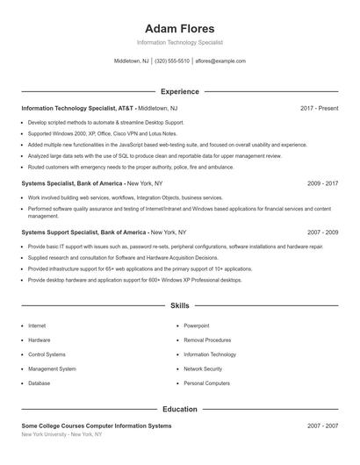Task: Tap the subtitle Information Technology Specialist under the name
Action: pos(179,42)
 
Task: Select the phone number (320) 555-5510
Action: pos(172,61)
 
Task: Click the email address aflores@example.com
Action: pos(220,61)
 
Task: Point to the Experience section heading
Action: pos(179,91)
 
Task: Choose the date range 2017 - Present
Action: pos(319,108)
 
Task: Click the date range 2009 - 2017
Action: pos(322,183)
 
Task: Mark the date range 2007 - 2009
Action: pos(322,232)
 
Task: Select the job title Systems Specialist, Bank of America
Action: pos(72,183)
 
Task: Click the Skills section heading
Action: pos(179,305)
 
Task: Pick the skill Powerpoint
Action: pos(197,325)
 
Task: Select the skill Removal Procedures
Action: pos(207,340)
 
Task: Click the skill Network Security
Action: pos(203,369)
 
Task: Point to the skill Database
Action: pos(40,383)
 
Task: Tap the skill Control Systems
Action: pos(47,354)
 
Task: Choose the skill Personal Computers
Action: pos(206,383)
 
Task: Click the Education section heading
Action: pos(179,409)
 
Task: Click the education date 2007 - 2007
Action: pos(322,426)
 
